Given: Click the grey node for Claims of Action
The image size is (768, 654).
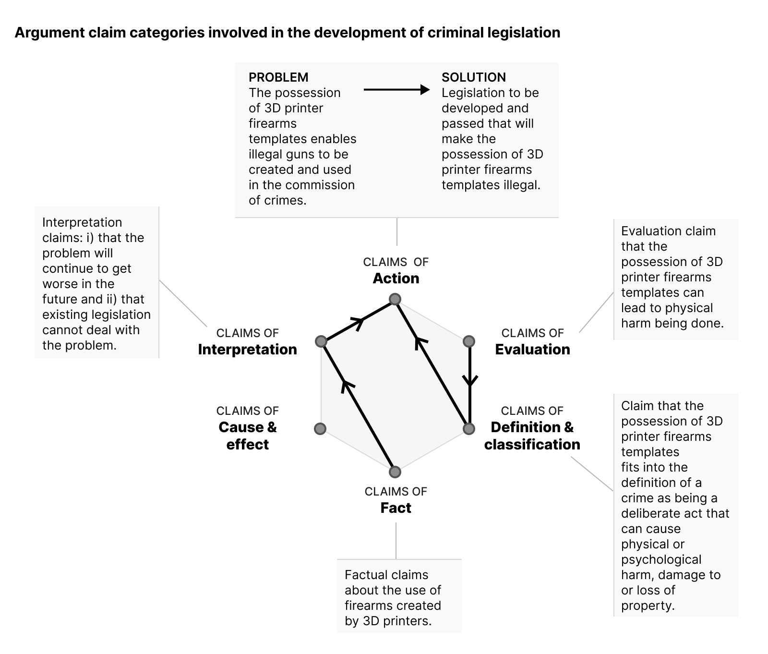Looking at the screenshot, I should pos(395,300).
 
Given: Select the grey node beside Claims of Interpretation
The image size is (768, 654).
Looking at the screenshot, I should pos(321,341).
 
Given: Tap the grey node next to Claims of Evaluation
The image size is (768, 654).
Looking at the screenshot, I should pos(469,341).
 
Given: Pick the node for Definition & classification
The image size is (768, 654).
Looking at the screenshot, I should pos(469,428).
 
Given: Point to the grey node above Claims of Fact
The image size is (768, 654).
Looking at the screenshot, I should pos(395,472).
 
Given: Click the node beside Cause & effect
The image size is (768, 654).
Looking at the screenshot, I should pos(320,428).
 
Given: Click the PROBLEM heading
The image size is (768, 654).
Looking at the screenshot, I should pos(278,77).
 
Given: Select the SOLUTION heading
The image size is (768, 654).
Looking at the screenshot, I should pos(473,77).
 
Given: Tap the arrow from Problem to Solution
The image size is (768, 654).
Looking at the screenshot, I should pos(396,90).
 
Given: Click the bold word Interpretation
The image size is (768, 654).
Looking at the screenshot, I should pos(247,349).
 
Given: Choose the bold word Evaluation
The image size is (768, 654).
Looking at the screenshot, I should pos(532,349).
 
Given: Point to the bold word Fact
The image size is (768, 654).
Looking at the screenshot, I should pos(396,508).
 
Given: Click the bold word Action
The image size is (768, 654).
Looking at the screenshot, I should pos(396,278).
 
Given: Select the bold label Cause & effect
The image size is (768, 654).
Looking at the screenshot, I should pos(247,436).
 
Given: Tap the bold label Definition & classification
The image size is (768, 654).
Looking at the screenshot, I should pos(532,436).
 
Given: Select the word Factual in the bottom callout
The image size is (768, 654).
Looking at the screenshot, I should pos(362,575).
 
